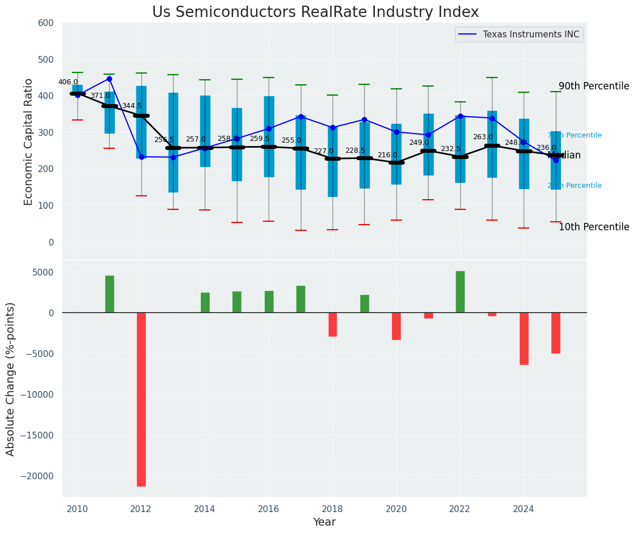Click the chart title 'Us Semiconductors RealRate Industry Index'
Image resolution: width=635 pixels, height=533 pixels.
pyautogui.click(x=316, y=12)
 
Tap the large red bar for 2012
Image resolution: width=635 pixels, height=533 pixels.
pyautogui.click(x=141, y=399)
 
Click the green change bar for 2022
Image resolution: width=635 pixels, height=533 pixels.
pyautogui.click(x=460, y=292)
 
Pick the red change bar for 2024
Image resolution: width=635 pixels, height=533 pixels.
pyautogui.click(x=524, y=338)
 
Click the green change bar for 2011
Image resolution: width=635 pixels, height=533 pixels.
pyautogui.click(x=110, y=294)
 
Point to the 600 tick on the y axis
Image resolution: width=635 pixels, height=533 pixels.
pyautogui.click(x=46, y=23)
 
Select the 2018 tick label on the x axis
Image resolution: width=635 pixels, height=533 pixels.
pyautogui.click(x=332, y=509)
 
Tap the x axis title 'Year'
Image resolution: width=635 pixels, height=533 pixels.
pyautogui.click(x=325, y=522)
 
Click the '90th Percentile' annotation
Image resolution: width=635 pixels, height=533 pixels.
pyautogui.click(x=594, y=87)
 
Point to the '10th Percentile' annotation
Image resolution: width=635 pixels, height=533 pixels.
pyautogui.click(x=594, y=227)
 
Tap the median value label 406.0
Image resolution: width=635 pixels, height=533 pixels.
pyautogui.click(x=68, y=83)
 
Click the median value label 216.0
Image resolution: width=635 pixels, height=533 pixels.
pyautogui.click(x=387, y=156)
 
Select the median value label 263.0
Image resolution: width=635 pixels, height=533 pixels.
pyautogui.click(x=483, y=137)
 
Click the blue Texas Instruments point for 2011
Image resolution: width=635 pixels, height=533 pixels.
pyautogui.click(x=110, y=79)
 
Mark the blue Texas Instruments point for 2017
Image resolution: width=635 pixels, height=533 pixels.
pyautogui.click(x=301, y=117)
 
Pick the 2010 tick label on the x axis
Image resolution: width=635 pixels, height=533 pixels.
pyautogui.click(x=77, y=509)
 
